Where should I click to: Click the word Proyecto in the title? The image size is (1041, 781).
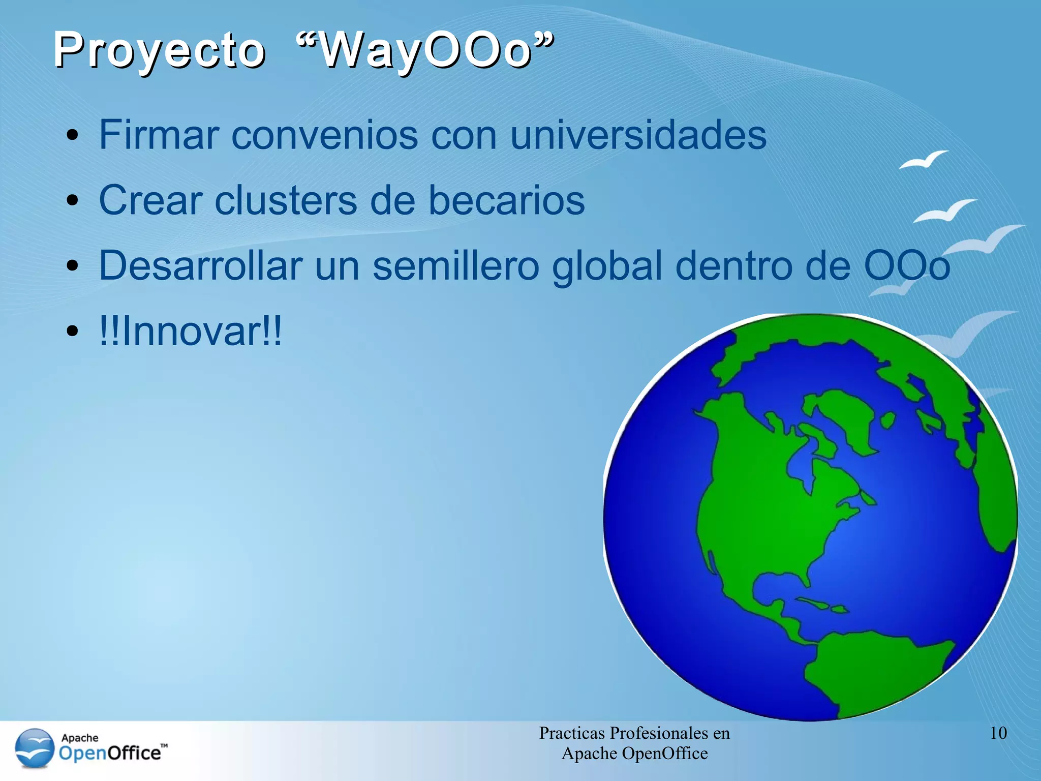159,51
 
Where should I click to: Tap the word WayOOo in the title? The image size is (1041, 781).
425,51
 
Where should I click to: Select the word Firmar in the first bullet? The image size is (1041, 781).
159,135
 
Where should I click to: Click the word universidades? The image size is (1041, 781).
638,135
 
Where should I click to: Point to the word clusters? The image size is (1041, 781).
286,200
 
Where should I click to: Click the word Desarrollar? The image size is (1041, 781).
200,265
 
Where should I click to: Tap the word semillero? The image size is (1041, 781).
455,265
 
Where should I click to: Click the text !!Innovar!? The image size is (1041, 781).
190,331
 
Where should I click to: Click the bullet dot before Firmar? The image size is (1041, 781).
73,136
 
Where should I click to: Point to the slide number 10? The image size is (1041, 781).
998,733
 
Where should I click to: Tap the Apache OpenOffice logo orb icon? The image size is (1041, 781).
35,747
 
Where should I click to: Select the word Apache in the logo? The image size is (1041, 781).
80,737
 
